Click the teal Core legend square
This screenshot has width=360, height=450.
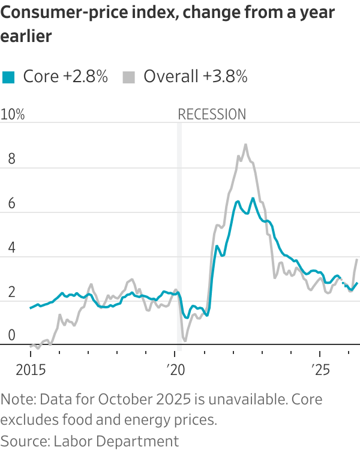pos(8,77)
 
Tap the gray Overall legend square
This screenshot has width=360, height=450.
pos(128,77)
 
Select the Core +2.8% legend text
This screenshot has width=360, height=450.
pos(65,77)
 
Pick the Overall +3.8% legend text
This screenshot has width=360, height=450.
pos(196,77)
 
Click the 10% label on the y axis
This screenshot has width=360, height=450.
pos(13,114)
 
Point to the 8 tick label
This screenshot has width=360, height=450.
pos(11,159)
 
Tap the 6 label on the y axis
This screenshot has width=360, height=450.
pos(11,203)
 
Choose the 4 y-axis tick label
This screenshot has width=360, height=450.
pos(11,247)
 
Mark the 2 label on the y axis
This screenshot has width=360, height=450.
pos(11,292)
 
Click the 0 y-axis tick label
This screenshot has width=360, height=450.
pos(11,335)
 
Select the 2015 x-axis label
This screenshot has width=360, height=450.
pos(31,370)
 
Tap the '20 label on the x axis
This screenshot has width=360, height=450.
pos(176,370)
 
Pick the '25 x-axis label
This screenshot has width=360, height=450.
pos(321,370)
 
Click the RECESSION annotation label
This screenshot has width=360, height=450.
pos(212,114)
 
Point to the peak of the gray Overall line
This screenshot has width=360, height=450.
pos(245,145)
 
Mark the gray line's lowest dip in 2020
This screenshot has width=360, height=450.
pos(185,341)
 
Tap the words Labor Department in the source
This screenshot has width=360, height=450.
pos(116,441)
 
